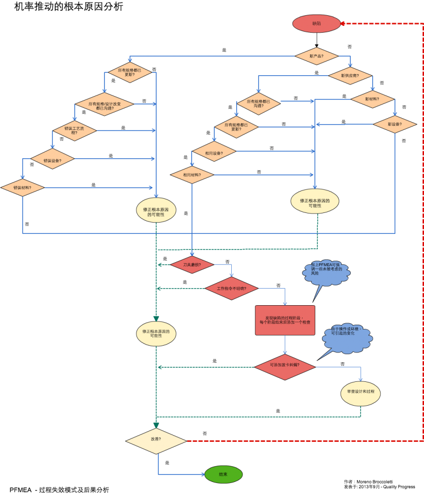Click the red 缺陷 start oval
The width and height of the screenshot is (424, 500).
(316, 23)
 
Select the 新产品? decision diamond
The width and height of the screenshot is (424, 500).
(316, 56)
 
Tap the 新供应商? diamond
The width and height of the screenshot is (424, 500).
(350, 76)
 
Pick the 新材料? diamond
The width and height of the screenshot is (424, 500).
(372, 99)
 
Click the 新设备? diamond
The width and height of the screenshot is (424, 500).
(395, 124)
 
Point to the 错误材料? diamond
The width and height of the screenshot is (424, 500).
(22, 187)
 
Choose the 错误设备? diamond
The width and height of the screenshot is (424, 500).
(52, 159)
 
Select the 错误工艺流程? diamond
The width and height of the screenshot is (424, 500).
(75, 130)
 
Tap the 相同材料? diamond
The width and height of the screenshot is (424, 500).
(192, 175)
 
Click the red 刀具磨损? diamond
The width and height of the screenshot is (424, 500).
(192, 265)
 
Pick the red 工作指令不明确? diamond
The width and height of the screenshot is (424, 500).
(231, 289)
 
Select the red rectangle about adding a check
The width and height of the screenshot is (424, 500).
(285, 320)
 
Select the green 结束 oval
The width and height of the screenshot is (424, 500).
(223, 474)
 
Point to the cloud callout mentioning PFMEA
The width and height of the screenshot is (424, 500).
(327, 272)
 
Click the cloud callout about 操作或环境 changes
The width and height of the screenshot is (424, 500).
(347, 337)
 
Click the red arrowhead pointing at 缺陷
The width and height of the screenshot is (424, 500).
(343, 23)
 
